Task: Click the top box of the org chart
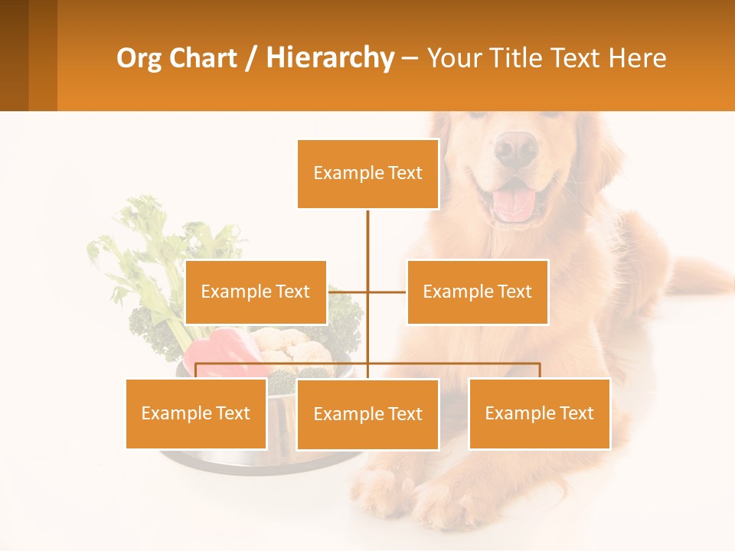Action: [x=367, y=174]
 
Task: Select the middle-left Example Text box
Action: [x=256, y=292]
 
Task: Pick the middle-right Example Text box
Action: [x=477, y=292]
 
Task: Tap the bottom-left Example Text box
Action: [x=196, y=413]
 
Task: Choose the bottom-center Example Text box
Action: [x=367, y=414]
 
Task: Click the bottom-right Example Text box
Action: [x=539, y=413]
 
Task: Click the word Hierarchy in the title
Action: [x=330, y=58]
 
